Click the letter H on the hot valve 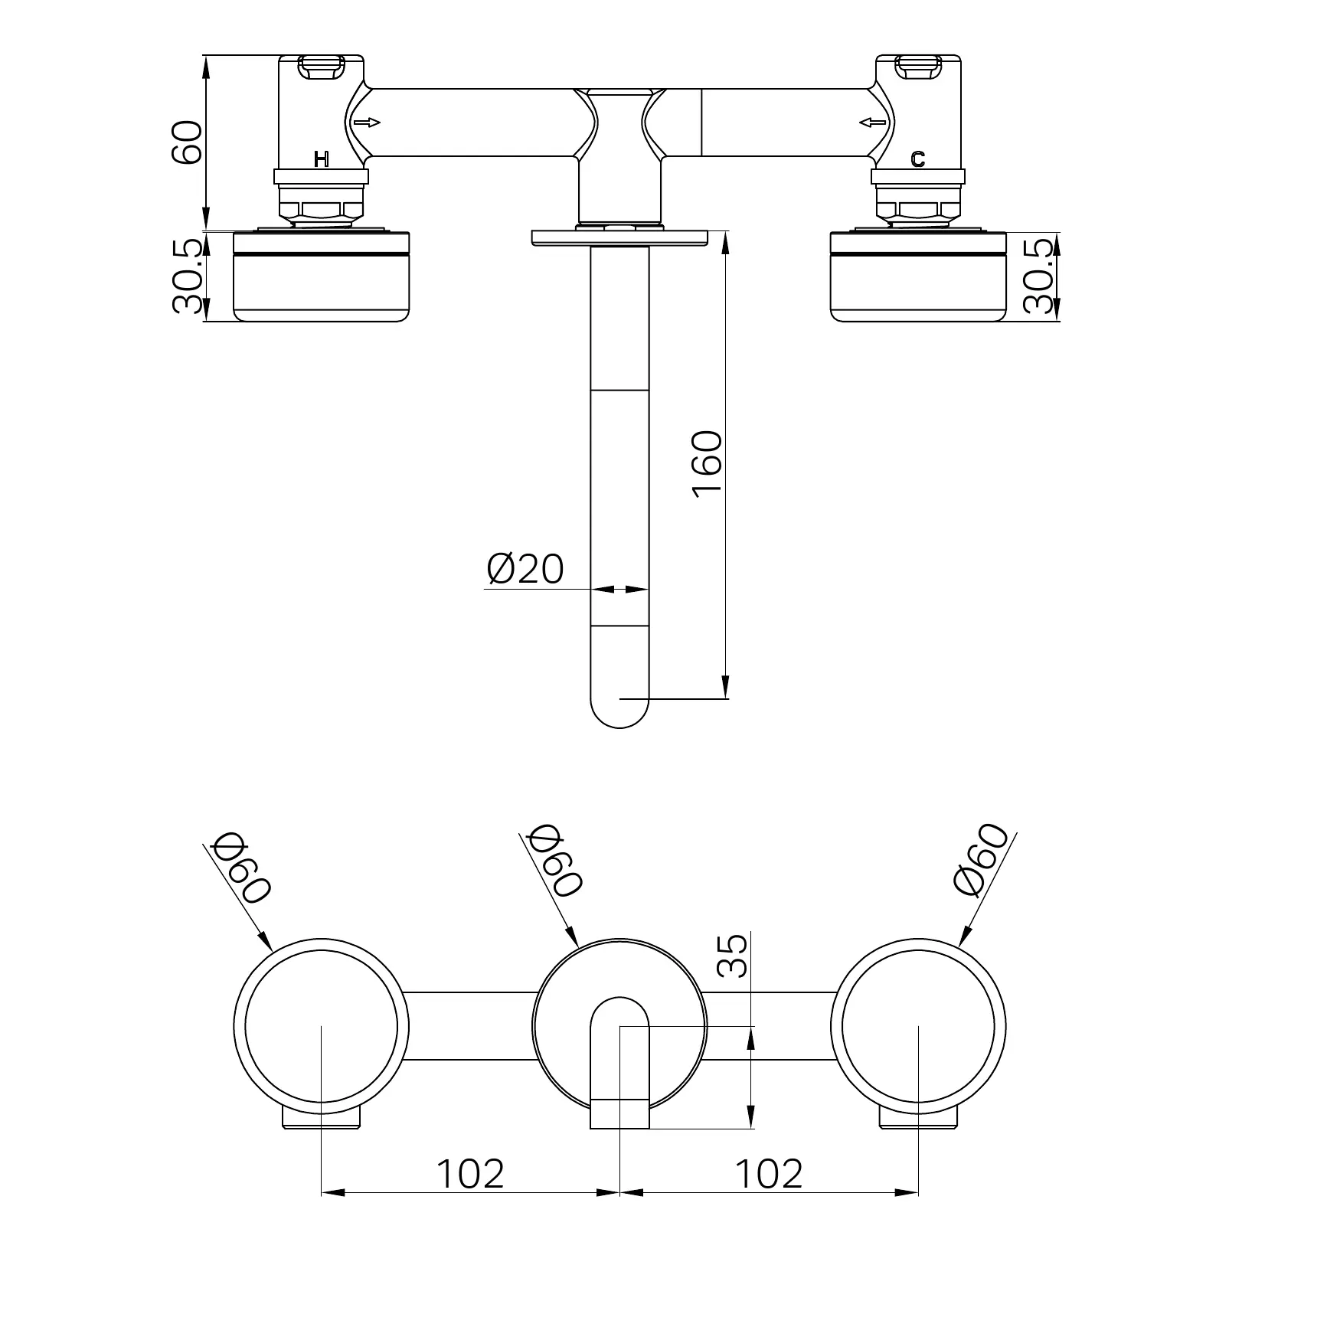pyautogui.click(x=322, y=159)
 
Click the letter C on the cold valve pyautogui.click(x=918, y=159)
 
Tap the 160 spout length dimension pyautogui.click(x=707, y=464)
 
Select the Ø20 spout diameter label pyautogui.click(x=525, y=568)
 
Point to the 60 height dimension pyautogui.click(x=187, y=142)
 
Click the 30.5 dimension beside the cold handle pyautogui.click(x=1038, y=276)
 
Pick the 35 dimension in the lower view pyautogui.click(x=734, y=956)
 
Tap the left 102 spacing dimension pyautogui.click(x=470, y=1174)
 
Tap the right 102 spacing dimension pyautogui.click(x=769, y=1174)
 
